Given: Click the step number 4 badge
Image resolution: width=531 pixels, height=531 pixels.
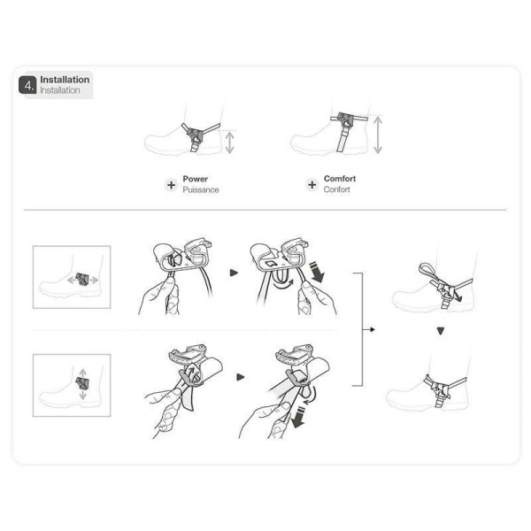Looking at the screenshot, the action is click(27, 85).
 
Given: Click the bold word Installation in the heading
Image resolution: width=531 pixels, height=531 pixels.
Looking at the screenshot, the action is click(65, 80).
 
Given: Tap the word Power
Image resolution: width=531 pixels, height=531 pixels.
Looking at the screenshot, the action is click(195, 179).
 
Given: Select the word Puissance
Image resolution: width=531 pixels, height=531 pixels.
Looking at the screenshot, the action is click(201, 189).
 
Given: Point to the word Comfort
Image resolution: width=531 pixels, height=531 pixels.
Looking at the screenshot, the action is click(340, 179).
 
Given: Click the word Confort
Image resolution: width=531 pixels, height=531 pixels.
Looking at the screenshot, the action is click(336, 189).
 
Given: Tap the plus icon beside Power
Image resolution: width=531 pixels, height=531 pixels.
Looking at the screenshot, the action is click(172, 185).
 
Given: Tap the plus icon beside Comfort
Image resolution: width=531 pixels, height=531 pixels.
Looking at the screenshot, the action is click(312, 185).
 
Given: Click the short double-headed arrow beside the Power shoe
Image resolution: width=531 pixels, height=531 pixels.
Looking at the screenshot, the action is click(229, 142).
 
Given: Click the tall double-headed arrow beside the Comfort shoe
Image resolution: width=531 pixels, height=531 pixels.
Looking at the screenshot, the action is click(378, 135).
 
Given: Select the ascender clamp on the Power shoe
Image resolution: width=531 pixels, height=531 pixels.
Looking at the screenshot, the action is click(196, 135).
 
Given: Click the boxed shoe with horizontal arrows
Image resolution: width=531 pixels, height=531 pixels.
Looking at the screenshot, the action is click(72, 277).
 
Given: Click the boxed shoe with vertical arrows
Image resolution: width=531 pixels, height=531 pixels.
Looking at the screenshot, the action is click(72, 385).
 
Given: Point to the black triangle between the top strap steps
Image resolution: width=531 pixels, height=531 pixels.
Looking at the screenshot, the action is click(234, 273).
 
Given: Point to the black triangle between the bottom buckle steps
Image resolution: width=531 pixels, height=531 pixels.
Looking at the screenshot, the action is click(240, 377).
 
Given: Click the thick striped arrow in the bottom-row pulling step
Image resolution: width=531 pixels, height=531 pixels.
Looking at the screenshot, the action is click(298, 418).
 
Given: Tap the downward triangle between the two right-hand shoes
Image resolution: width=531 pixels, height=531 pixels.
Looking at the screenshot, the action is click(440, 331).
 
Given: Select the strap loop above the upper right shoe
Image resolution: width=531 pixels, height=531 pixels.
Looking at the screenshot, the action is click(427, 272).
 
